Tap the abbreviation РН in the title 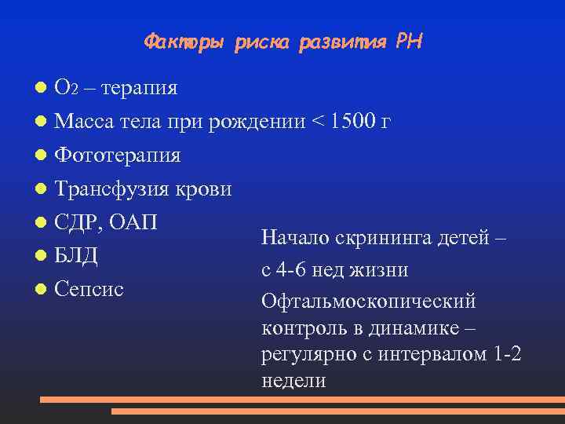coord(410,41)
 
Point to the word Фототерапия coord(118,155)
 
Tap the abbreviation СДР coord(78,223)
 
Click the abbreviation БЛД coord(76,257)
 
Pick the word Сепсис coord(89,290)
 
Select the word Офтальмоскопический coord(369,302)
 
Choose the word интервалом coord(435,355)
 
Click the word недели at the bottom coord(293,382)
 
